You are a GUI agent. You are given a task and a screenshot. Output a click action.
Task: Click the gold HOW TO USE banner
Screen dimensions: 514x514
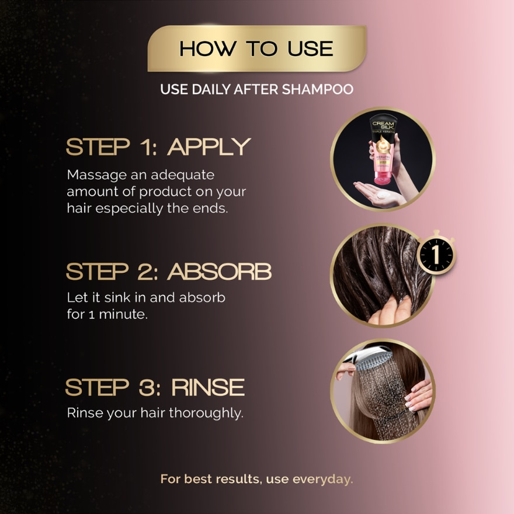[x=257, y=48]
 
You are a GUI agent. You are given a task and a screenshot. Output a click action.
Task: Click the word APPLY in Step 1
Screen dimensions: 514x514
[x=209, y=147]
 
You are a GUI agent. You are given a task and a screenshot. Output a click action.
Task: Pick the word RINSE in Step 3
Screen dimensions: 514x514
[x=207, y=387]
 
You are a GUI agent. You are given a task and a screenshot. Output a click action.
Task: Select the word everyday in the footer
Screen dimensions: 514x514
[x=324, y=480]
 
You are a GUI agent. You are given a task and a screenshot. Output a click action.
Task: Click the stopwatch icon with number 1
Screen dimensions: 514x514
[x=436, y=255]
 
